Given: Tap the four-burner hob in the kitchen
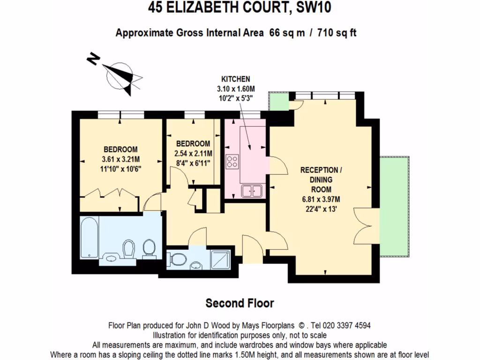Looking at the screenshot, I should [x=232, y=162].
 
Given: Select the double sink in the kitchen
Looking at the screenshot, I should [x=252, y=191].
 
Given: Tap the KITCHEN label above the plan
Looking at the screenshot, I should [x=235, y=79].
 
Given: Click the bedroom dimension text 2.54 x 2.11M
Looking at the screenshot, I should [x=193, y=153].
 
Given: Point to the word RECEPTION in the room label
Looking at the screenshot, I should [x=319, y=170].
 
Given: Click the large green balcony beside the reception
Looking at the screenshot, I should [x=396, y=206].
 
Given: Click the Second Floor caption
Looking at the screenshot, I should [x=240, y=303].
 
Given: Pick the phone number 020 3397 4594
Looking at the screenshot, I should [x=347, y=325].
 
